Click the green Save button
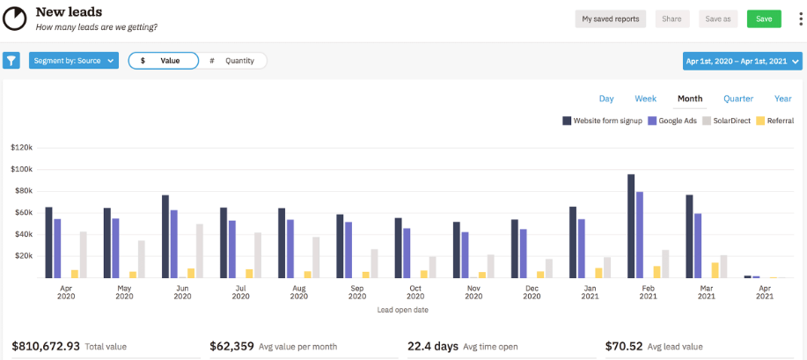tap(763, 18)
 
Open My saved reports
tap(611, 18)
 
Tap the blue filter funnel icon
tap(11, 61)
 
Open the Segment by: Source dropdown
tap(73, 61)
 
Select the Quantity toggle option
tap(232, 61)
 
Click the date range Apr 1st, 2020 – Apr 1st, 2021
tap(742, 61)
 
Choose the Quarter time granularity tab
tap(738, 99)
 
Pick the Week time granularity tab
tap(645, 99)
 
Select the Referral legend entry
tap(774, 121)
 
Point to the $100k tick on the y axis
tap(21, 169)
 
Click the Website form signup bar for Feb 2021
tap(631, 226)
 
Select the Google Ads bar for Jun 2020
tap(174, 244)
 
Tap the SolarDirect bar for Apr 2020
tap(84, 254)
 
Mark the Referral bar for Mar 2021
tap(715, 270)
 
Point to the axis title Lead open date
tap(402, 310)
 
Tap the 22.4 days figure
tap(431, 347)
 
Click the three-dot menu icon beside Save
tap(796, 18)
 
